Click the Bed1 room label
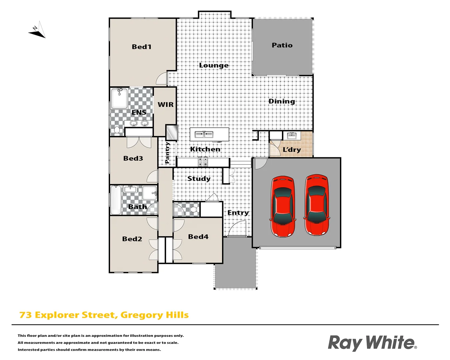tap(142, 47)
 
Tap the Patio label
tap(282, 45)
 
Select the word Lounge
tap(214, 65)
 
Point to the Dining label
tap(282, 101)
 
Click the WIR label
tap(166, 105)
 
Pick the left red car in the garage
tap(283, 206)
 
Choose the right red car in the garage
tap(317, 205)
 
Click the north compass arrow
tap(37, 31)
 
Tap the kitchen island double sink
tap(204, 134)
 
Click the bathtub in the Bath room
tap(116, 200)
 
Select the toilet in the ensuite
tap(117, 130)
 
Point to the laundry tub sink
tap(292, 136)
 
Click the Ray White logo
tap(372, 343)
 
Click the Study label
tap(199, 179)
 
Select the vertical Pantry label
tap(167, 153)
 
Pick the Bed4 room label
tap(198, 237)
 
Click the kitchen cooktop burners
tap(203, 162)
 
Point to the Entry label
tap(238, 213)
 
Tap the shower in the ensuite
tap(119, 98)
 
